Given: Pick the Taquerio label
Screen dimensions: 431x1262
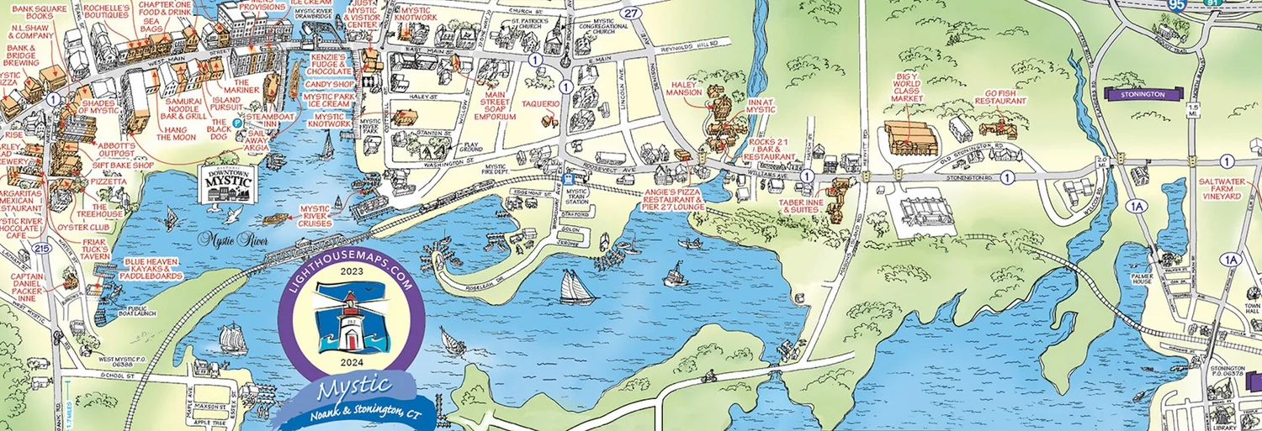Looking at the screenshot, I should click(541, 104).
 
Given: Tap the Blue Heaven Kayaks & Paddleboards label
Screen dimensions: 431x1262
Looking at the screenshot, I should click(153, 268).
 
